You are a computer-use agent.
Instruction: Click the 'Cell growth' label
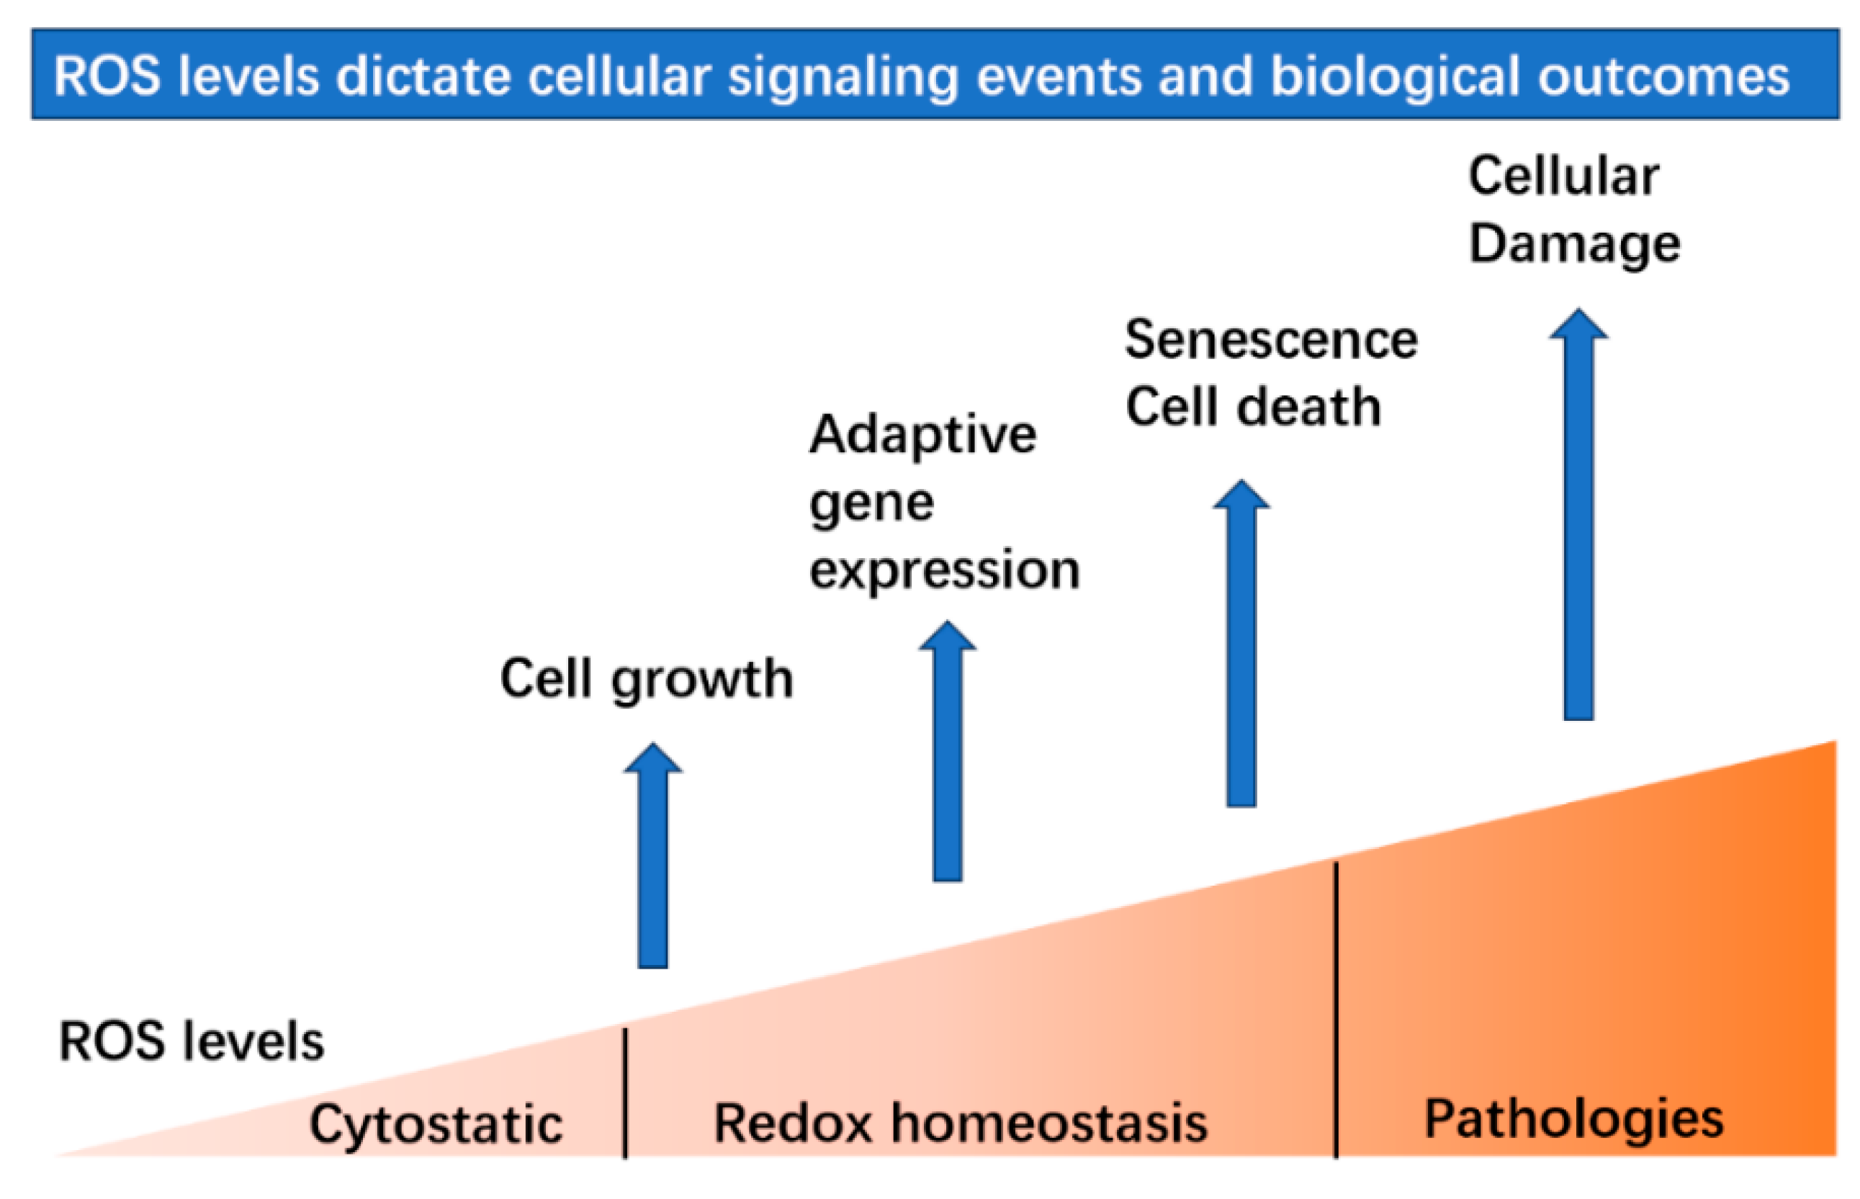click(645, 680)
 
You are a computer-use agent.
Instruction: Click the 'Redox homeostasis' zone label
click(960, 1123)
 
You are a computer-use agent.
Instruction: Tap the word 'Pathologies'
click(1573, 1120)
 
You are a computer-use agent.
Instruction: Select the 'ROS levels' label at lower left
click(192, 1042)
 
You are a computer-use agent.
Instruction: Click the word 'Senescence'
click(1271, 340)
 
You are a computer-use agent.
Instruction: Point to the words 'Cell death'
click(1253, 407)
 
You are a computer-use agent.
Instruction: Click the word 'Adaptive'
click(922, 434)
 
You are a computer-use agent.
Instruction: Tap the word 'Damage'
click(1574, 244)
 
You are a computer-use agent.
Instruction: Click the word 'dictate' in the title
click(423, 76)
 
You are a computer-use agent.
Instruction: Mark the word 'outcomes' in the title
click(1664, 76)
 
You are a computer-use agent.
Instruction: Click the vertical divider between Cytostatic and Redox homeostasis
click(625, 1094)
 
